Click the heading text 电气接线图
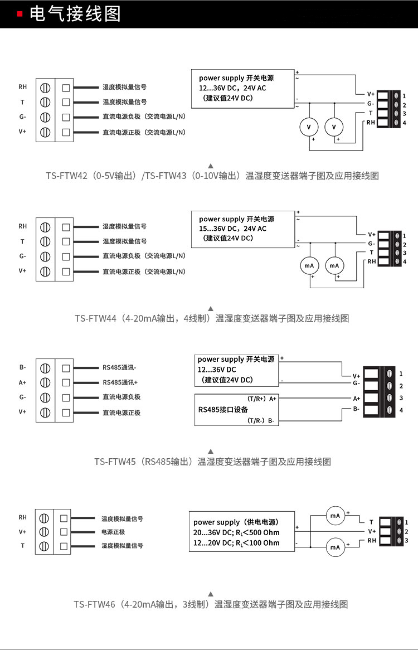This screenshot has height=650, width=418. pyautogui.click(x=75, y=14)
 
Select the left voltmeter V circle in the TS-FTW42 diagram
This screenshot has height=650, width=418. pyautogui.click(x=309, y=128)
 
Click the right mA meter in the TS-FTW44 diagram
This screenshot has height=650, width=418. pyautogui.click(x=334, y=266)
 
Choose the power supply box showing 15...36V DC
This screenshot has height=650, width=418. pyautogui.click(x=242, y=229)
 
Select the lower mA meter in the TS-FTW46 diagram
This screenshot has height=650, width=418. pyautogui.click(x=335, y=548)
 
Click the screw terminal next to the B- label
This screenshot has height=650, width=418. pyautogui.click(x=46, y=368)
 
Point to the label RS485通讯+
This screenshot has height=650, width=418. pyautogui.click(x=120, y=383)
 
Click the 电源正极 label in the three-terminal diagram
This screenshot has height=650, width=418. pyautogui.click(x=113, y=532)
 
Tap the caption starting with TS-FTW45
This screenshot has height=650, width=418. pyautogui.click(x=212, y=462)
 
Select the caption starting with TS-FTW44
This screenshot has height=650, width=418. pyautogui.click(x=212, y=319)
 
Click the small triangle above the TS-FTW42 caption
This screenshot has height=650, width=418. pyautogui.click(x=211, y=166)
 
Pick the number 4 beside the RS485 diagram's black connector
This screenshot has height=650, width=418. pyautogui.click(x=401, y=411)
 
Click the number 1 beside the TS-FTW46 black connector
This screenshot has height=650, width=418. pyautogui.click(x=407, y=522)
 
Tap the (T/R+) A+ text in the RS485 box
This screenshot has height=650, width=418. pyautogui.click(x=261, y=399)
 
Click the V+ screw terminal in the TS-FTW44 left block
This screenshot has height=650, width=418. pyautogui.click(x=46, y=271)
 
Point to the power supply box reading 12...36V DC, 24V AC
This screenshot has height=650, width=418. pyautogui.click(x=242, y=88)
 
